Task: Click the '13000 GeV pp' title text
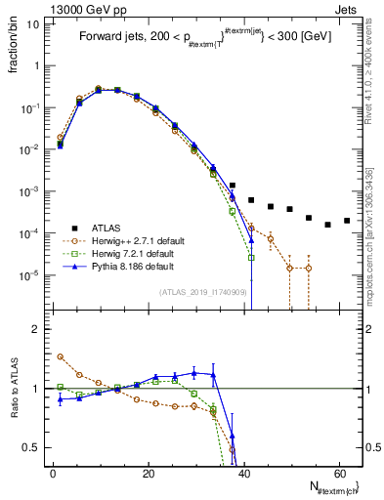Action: point(50,8)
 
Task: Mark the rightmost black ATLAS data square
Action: point(347,221)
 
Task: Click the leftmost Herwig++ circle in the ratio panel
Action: point(61,356)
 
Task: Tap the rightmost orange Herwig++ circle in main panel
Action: point(309,268)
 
